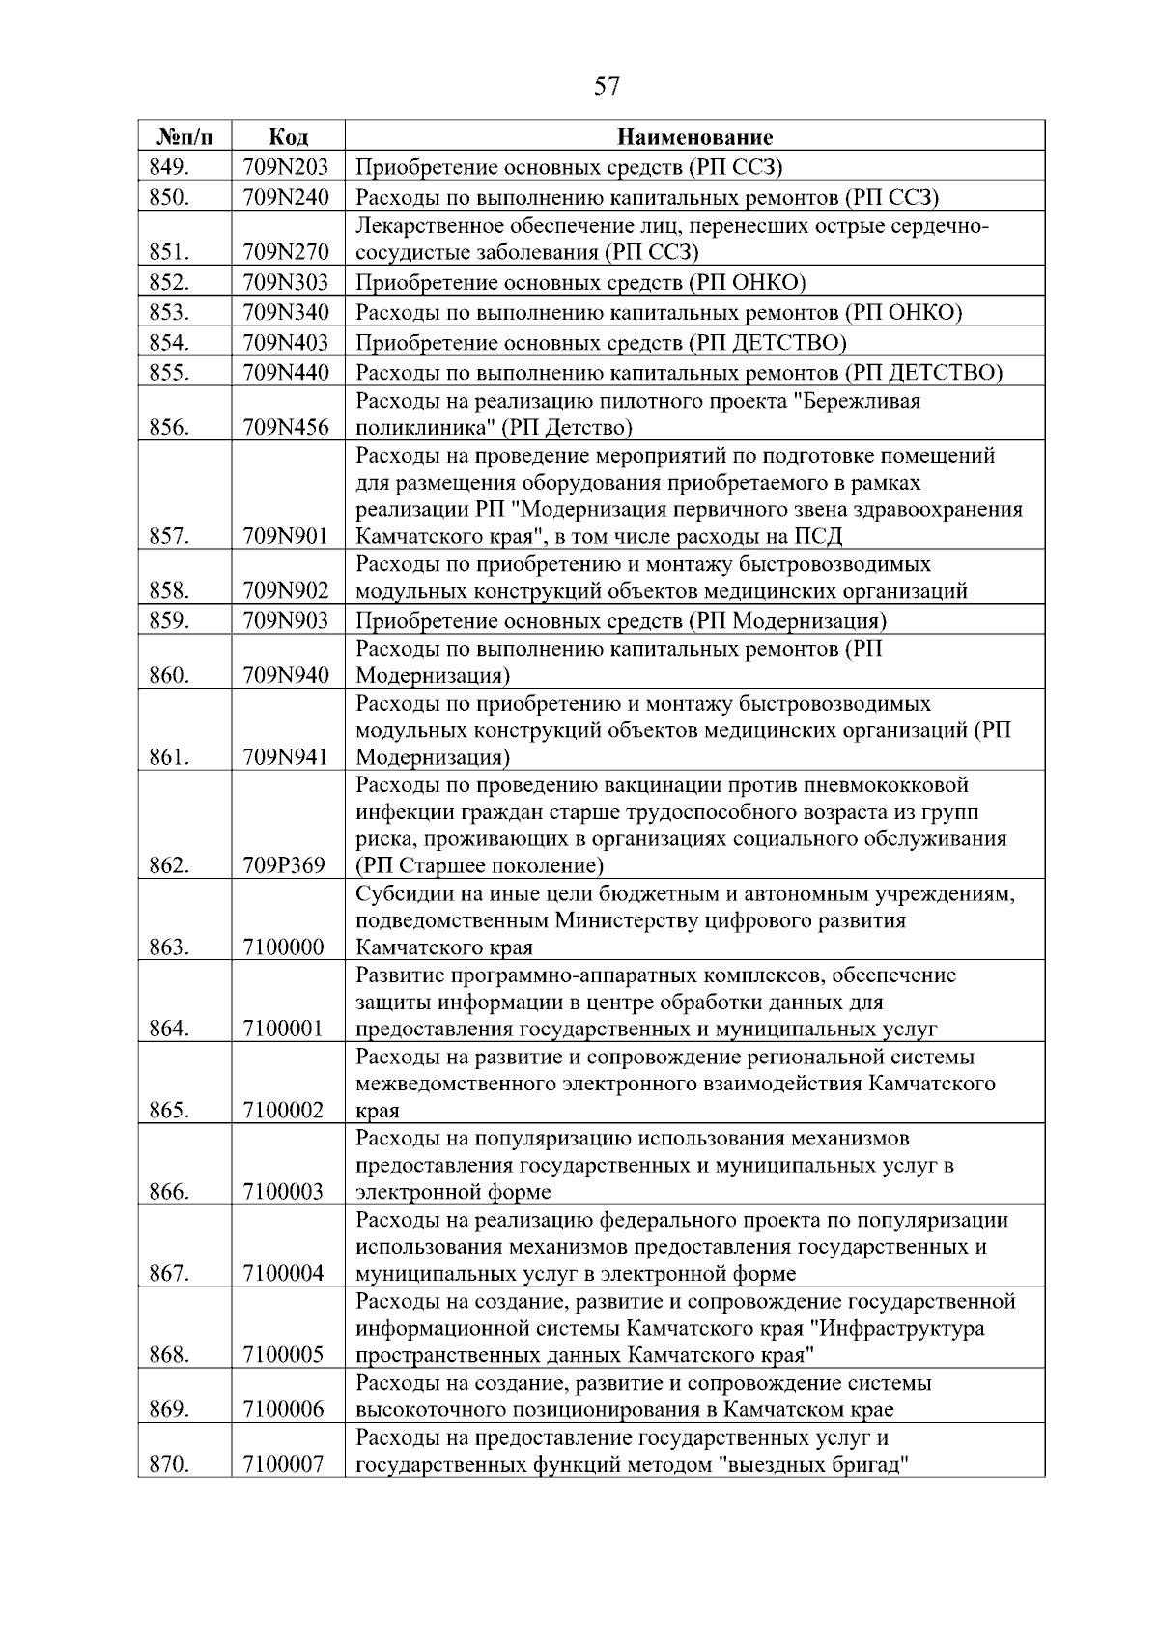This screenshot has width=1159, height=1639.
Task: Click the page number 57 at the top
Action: pos(607,87)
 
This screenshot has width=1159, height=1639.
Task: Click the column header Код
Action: pos(287,136)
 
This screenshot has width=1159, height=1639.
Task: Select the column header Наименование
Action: pos(694,136)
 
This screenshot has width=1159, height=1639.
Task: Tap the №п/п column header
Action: pos(184,136)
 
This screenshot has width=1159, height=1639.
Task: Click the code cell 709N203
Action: pos(286,167)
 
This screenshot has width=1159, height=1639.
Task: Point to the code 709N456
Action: pos(286,428)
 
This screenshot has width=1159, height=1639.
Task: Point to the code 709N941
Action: pos(286,757)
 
